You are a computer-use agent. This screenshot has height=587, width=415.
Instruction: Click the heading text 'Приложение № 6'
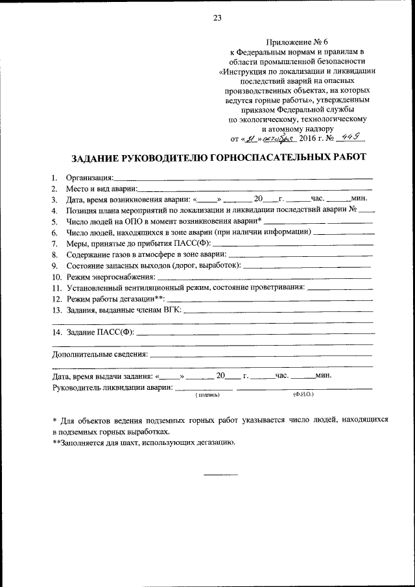(298, 41)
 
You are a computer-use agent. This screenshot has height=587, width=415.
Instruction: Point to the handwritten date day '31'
(246, 138)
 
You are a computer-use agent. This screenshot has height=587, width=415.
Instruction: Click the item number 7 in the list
(55, 243)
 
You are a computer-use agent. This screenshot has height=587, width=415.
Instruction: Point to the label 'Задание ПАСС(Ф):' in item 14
(101, 332)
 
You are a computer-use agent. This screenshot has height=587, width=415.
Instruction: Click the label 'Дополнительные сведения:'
(100, 355)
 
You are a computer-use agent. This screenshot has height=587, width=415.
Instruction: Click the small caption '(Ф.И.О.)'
(303, 394)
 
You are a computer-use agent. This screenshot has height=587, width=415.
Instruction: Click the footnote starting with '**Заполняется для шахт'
(143, 443)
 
